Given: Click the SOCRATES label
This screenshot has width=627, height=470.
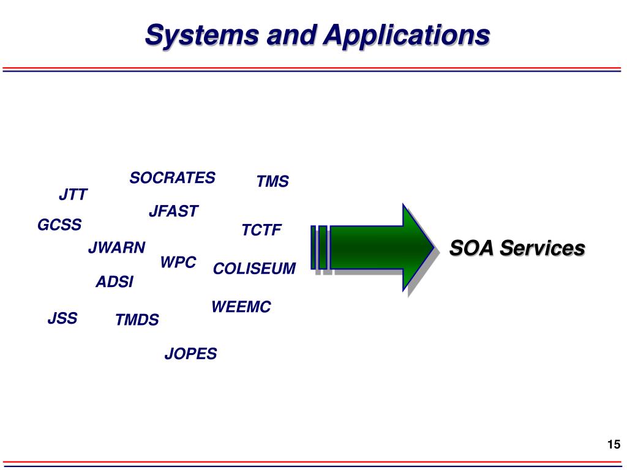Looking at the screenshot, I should coord(172,178).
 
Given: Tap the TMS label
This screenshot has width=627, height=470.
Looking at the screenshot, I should coord(272,182).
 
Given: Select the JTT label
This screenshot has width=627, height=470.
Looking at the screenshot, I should coord(73,195).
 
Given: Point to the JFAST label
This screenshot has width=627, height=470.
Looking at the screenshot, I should coord(174,212).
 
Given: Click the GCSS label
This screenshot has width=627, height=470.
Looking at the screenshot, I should coord(59,225).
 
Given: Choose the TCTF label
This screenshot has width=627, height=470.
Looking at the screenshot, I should coord(261,231).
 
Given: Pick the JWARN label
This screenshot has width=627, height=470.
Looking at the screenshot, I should coord(116,248).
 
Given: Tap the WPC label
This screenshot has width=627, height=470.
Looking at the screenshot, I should coord(178,263).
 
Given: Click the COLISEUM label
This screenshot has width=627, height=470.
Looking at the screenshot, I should coord(254,269).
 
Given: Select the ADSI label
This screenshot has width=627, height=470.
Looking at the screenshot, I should coord(115,282).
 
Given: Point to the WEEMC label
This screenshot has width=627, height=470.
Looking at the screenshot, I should coord(241,307).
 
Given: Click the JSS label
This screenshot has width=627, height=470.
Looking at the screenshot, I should coord(62,319).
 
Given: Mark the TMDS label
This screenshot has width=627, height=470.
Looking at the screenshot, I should coord(137,320).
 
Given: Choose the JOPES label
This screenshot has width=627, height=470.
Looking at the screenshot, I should coord(190,354).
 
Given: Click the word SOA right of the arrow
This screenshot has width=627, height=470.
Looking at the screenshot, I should coord(470,248).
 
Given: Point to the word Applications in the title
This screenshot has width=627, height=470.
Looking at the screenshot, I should coord(407,35).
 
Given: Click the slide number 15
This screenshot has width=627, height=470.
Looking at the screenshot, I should coord(614,445).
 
